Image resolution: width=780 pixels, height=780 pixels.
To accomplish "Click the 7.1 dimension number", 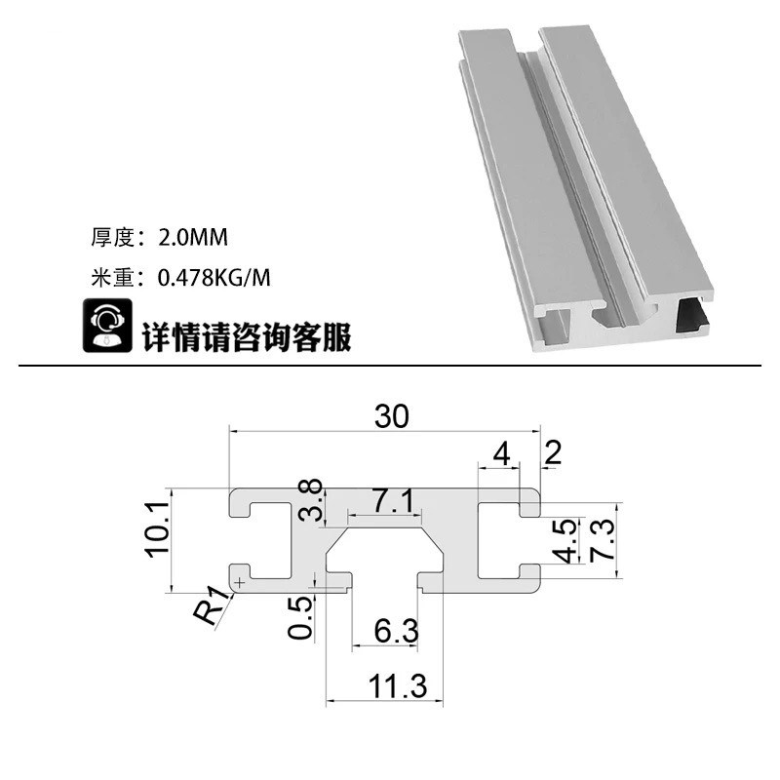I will click(395, 503).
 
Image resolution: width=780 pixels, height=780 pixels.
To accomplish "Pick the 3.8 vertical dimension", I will click(311, 501).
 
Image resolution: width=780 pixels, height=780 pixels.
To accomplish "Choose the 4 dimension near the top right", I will click(501, 453).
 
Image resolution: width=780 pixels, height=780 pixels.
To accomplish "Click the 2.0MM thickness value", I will click(191, 237).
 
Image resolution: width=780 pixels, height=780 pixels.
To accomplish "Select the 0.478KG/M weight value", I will click(214, 277).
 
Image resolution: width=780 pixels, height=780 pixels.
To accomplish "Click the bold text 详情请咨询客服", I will click(247, 336).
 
